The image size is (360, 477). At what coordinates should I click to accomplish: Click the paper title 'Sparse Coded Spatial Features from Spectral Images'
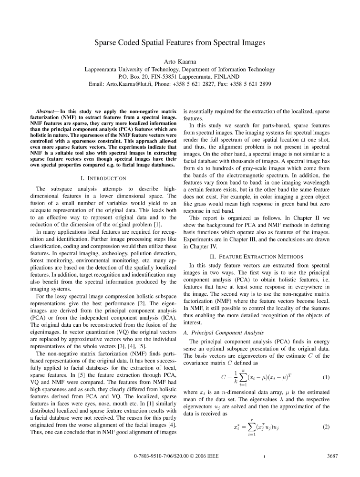(180, 42)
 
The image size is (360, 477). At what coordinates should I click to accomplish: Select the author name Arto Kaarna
(180, 60)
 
